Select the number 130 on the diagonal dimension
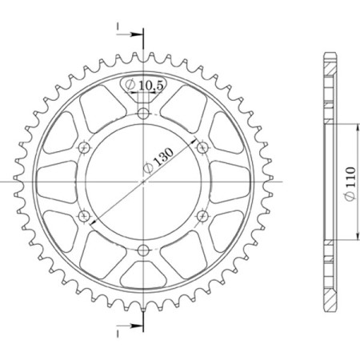tap(164, 159)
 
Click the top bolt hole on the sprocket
tap(143, 114)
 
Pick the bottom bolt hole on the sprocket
tap(143, 250)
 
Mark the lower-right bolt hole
tap(202, 215)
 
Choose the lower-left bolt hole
tap(85, 215)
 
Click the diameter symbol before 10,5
tap(130, 84)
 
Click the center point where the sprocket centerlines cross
tap(143, 182)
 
